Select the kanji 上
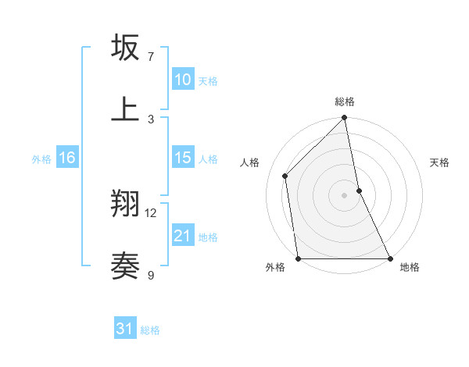125,109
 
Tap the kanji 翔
125,205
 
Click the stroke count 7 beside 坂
151,57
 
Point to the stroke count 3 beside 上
151,119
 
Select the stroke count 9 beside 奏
151,275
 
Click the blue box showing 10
183,80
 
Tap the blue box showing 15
183,158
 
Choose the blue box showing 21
183,236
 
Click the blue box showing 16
67,158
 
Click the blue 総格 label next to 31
150,330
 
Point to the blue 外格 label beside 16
41,159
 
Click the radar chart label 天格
439,162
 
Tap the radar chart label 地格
410,267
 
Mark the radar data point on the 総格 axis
345,119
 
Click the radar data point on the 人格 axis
285,176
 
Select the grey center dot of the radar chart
345,195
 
